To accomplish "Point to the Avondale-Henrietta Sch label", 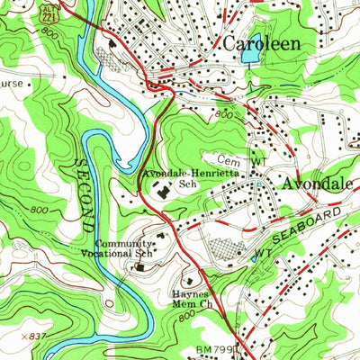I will (x=183, y=176).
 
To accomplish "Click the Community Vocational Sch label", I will (x=125, y=247).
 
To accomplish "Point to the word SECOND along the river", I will (x=79, y=192).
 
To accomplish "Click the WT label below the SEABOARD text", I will (x=263, y=255).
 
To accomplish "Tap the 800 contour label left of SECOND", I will (x=39, y=210).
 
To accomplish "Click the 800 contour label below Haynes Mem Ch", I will (x=185, y=318).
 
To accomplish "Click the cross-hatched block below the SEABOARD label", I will (x=225, y=249).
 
